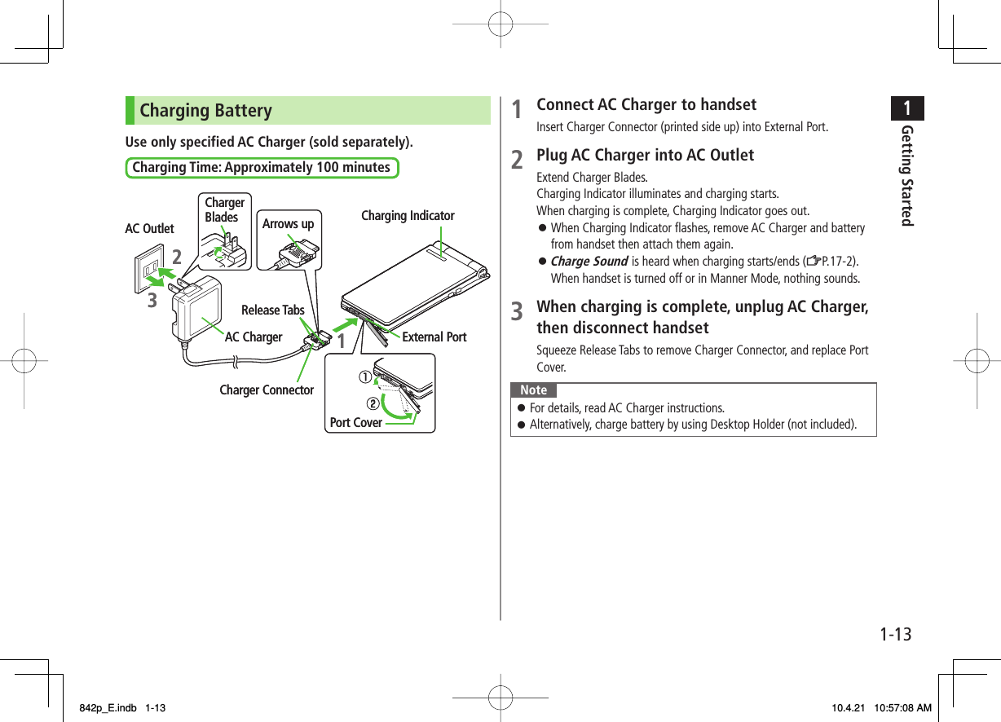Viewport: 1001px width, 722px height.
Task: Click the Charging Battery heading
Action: point(206,111)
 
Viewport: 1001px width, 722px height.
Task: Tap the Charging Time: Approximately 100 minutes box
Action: point(261,168)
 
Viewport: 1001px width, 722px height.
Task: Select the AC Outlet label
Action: point(149,229)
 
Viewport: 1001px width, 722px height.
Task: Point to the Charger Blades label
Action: point(224,209)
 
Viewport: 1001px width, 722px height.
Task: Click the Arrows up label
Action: point(288,224)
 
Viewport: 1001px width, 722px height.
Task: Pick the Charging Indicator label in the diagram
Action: point(408,216)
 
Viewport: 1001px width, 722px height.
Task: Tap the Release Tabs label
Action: point(272,310)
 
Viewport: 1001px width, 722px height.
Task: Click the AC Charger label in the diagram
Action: point(254,337)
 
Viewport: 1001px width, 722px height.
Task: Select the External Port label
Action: point(434,337)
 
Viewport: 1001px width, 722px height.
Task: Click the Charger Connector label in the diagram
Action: point(267,390)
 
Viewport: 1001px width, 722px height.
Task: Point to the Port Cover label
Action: point(355,423)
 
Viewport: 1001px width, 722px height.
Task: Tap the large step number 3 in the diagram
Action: point(152,301)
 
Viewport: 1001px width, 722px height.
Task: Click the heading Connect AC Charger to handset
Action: point(646,105)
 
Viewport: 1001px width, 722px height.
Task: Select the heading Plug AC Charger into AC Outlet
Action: point(645,156)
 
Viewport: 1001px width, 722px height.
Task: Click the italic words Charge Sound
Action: point(589,262)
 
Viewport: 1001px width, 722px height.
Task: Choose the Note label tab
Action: point(533,390)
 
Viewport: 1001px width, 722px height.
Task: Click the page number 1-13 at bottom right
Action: point(894,634)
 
